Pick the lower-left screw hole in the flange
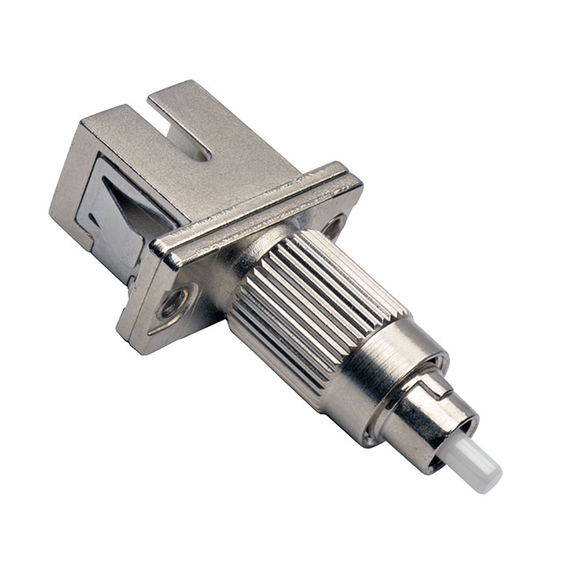pyautogui.click(x=169, y=304)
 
